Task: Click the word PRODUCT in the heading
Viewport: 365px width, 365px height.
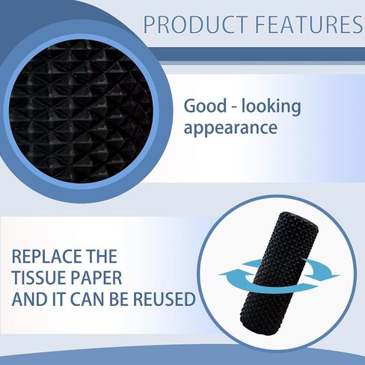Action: coord(195,24)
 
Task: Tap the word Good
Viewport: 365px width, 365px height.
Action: coord(204,106)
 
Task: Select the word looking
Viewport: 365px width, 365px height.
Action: coord(272,107)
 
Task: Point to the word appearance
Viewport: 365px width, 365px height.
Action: coord(230,129)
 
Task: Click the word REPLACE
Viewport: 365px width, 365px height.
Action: coord(47,257)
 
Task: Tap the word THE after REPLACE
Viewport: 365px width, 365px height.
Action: coord(102,257)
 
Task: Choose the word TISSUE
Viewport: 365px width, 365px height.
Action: coord(37,277)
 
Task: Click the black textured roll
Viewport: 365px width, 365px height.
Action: coord(280,274)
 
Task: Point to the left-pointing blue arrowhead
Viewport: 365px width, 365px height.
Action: coord(227,274)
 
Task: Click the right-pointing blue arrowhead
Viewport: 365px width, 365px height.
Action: coord(331,276)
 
